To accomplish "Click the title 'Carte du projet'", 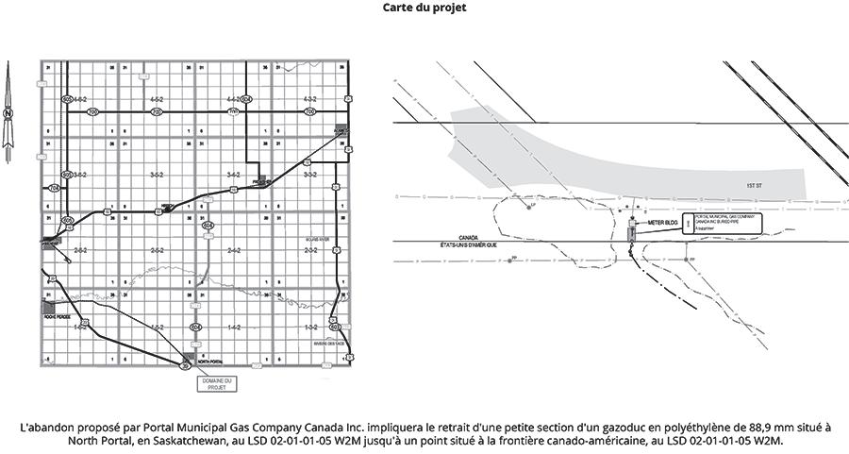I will click(424, 8).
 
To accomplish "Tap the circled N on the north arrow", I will click(8, 112).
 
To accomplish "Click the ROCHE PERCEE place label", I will click(58, 316).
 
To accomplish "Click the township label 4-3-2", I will click(308, 99).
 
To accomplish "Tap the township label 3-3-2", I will click(308, 175).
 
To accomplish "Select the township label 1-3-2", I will click(308, 326).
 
